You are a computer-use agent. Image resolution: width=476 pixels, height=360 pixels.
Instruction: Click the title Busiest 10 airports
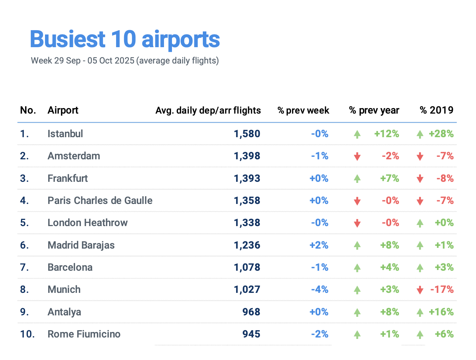[x=125, y=39]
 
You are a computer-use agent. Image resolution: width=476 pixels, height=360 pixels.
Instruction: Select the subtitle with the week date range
[x=125, y=61]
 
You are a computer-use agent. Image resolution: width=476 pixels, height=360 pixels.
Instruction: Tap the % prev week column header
[x=303, y=110]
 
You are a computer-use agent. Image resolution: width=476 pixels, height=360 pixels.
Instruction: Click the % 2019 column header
[x=436, y=110]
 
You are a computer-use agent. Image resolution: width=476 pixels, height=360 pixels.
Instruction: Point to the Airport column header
[x=63, y=110]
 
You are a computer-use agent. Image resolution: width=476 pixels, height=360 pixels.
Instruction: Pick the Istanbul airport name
[x=65, y=134]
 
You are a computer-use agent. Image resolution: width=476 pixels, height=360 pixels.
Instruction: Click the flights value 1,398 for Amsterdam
[x=247, y=156]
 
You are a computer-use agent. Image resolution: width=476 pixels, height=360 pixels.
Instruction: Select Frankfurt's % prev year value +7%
[x=390, y=179]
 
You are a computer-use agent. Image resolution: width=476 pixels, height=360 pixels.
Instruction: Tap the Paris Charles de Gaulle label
[x=100, y=201]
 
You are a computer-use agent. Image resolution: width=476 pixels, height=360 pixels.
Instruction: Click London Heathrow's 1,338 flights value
[x=247, y=223]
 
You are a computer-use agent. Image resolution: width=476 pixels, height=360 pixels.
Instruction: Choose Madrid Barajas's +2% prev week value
[x=319, y=245]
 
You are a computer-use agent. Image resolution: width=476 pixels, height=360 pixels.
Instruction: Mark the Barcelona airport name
[x=70, y=267]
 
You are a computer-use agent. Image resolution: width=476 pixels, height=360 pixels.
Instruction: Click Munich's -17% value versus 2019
[x=442, y=290]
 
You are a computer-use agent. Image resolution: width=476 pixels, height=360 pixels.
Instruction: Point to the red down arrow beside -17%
[x=420, y=290]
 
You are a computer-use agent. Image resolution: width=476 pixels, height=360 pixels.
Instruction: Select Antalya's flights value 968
[x=251, y=312]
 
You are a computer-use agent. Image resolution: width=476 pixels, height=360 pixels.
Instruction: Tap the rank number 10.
[x=27, y=334]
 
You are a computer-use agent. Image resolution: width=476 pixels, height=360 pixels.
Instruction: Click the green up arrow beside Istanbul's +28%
[x=420, y=135]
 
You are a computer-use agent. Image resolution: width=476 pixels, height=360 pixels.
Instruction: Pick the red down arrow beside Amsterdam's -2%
[x=357, y=157]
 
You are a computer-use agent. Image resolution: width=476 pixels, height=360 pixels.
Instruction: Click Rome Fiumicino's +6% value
[x=444, y=334]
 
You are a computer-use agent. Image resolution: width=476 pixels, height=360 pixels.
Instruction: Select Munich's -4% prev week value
[x=320, y=290]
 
